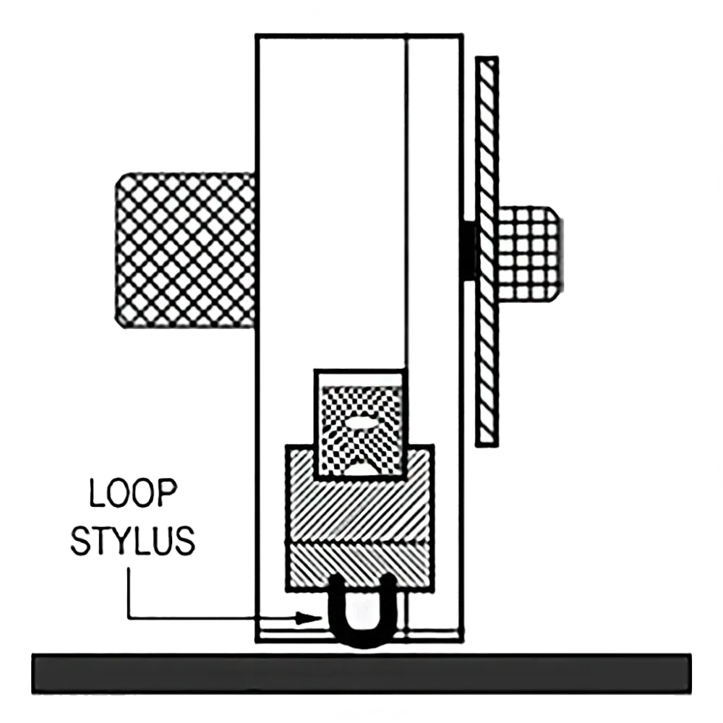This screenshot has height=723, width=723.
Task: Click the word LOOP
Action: tap(133, 493)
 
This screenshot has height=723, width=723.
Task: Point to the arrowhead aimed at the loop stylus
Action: tap(308, 618)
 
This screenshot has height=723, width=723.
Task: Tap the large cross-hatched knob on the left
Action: tap(185, 251)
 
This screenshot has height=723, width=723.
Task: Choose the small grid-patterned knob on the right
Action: tap(529, 254)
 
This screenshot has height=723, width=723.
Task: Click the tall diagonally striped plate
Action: tap(487, 252)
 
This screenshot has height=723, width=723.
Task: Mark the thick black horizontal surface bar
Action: tap(361, 674)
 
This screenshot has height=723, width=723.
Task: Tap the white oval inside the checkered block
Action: tap(361, 422)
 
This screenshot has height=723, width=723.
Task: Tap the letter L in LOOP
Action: tap(97, 493)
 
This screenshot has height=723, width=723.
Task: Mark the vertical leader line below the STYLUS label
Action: tap(129, 593)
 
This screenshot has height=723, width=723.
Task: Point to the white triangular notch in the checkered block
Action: tap(361, 466)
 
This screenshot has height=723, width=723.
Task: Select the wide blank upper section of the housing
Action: tap(331, 203)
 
